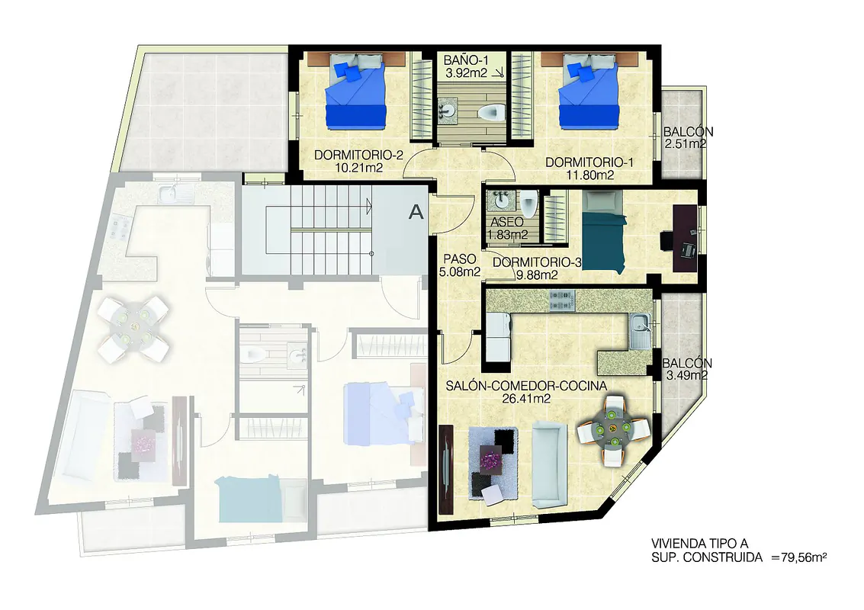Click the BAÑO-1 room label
tap(466, 60)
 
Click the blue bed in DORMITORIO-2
tap(355, 91)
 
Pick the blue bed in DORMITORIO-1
tap(588, 91)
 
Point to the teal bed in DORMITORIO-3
tap(605, 232)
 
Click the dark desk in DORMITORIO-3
tap(686, 238)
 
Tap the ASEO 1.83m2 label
tap(507, 229)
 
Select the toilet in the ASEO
tap(529, 203)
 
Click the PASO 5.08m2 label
tap(460, 265)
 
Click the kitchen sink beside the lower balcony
tap(640, 330)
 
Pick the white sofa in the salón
tap(549, 465)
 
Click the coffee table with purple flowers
tap(490, 459)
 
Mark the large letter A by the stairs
tap(416, 212)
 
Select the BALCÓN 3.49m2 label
tap(686, 370)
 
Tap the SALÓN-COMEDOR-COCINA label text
tap(526, 387)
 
